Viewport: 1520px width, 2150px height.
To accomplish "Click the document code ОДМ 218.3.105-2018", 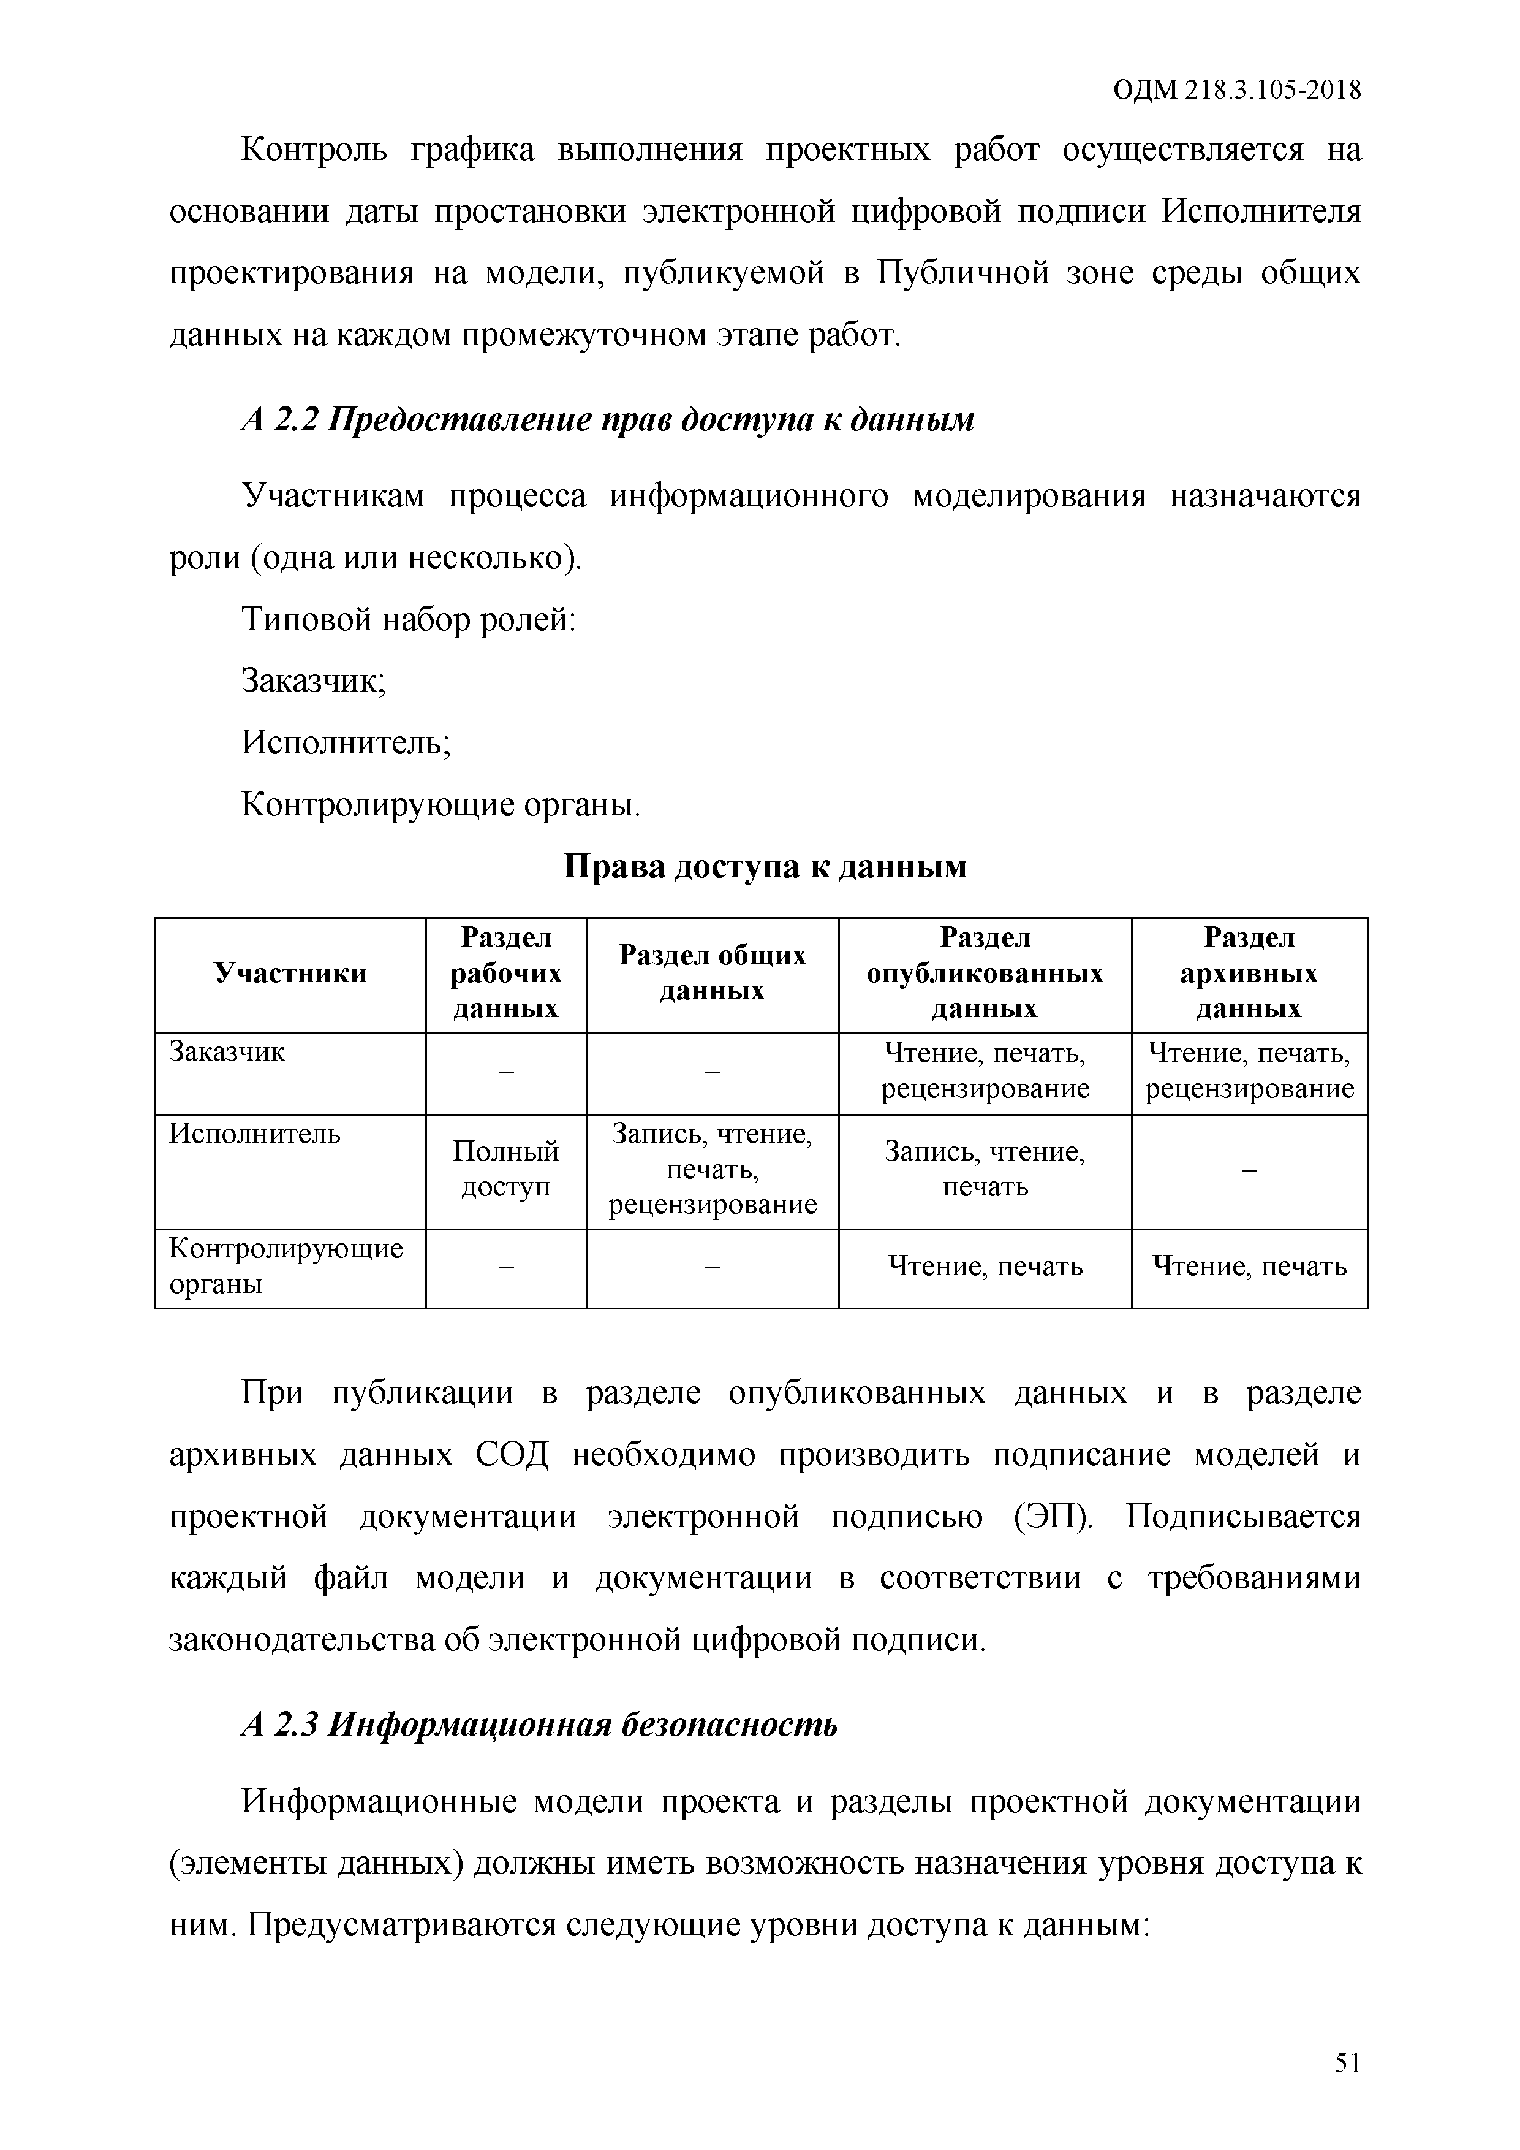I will pyautogui.click(x=1236, y=91).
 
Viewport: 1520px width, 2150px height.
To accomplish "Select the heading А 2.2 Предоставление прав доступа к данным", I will pyautogui.click(x=607, y=419).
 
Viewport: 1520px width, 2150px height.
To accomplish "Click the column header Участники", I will pyautogui.click(x=290, y=974).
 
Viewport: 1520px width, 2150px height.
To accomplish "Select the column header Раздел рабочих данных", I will pyautogui.click(x=505, y=974).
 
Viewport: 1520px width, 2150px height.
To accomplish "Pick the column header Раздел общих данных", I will pyautogui.click(x=713, y=974).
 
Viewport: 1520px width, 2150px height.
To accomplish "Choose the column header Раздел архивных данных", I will pyautogui.click(x=1249, y=974).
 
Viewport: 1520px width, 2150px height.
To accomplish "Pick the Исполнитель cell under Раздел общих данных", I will pyautogui.click(x=713, y=1170).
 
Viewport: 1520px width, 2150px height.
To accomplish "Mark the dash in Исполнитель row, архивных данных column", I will pyautogui.click(x=1249, y=1170).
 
